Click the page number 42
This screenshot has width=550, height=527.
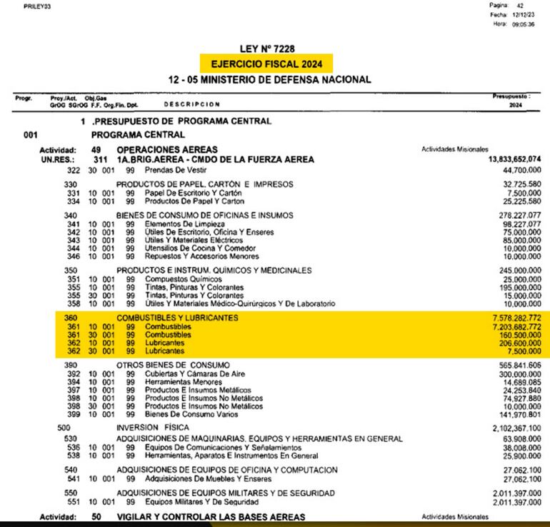(x=520, y=5)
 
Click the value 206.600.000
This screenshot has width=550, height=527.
(x=512, y=343)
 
